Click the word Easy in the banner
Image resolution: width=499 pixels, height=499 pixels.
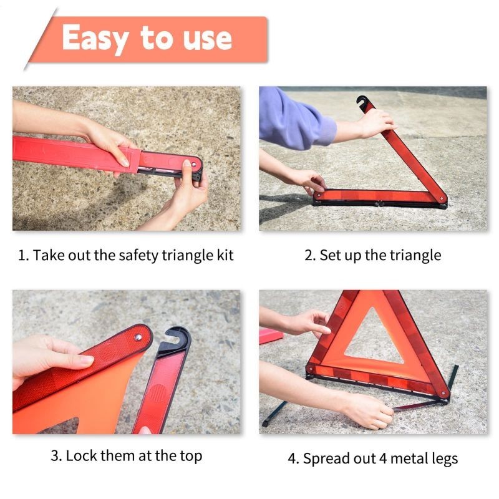96,38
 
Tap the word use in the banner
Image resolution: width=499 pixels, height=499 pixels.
205,39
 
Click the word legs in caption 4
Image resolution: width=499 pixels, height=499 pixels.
442,459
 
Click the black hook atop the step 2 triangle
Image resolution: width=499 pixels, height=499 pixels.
362,100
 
